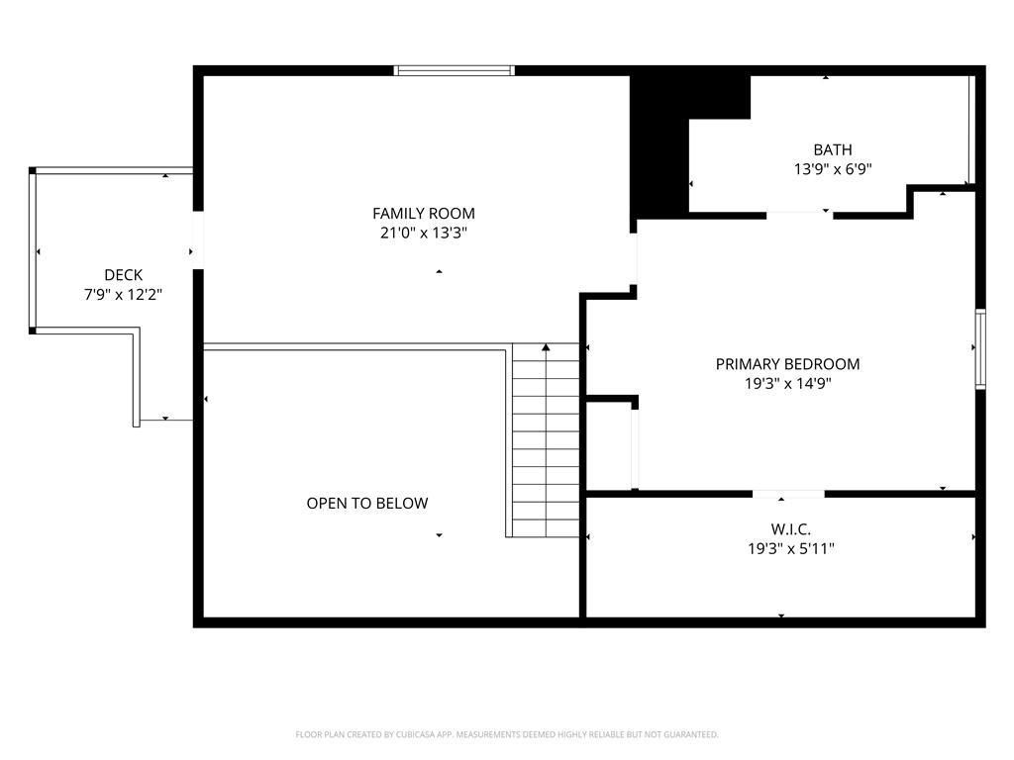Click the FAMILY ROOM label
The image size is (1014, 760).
click(x=424, y=214)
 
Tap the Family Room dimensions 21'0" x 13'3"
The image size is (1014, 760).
click(x=424, y=233)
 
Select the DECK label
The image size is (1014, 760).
click(x=123, y=275)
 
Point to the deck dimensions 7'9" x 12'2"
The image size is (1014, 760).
click(x=123, y=295)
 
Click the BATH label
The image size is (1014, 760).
click(x=832, y=150)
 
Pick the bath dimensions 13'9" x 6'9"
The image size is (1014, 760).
click(x=832, y=169)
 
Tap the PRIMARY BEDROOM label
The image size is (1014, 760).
click(x=787, y=364)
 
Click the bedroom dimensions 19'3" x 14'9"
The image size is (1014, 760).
click(x=787, y=383)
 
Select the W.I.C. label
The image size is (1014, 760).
click(x=790, y=530)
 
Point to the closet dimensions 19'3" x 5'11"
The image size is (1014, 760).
click(x=790, y=549)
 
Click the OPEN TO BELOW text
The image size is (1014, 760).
click(x=367, y=504)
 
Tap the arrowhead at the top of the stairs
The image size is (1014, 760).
click(x=546, y=347)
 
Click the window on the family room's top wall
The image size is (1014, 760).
click(x=455, y=70)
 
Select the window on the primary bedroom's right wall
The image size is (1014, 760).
click(x=980, y=349)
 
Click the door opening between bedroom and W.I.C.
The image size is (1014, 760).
click(x=788, y=495)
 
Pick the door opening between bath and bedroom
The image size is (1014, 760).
click(x=799, y=215)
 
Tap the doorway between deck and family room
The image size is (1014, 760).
click(x=198, y=239)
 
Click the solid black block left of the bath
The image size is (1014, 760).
click(x=659, y=146)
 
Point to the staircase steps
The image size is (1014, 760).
click(x=546, y=440)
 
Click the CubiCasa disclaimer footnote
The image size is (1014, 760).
click(x=507, y=734)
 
